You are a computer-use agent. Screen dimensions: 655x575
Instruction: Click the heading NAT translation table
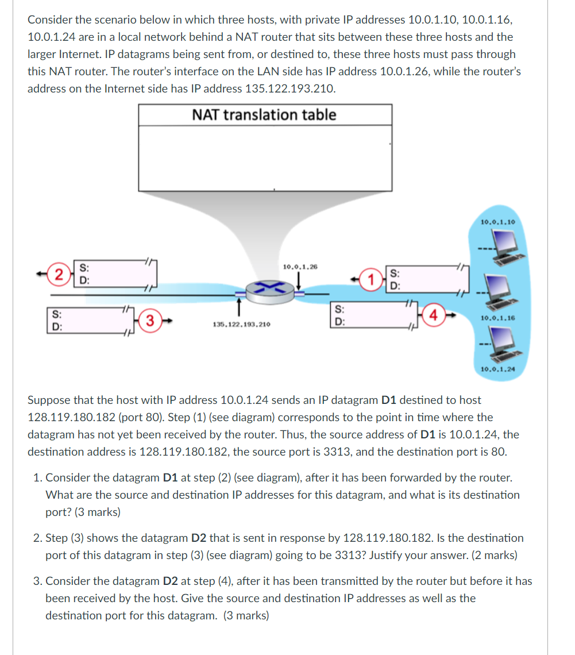coord(264,114)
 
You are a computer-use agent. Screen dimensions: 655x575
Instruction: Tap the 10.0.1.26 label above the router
coord(300,267)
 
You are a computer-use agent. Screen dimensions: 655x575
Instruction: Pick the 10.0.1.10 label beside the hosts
coord(497,222)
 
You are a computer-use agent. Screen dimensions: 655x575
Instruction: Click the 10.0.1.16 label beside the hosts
coord(497,318)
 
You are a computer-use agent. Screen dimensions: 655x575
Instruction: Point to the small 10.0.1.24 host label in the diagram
coord(497,369)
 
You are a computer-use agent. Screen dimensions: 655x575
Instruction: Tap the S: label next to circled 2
coord(84,267)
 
